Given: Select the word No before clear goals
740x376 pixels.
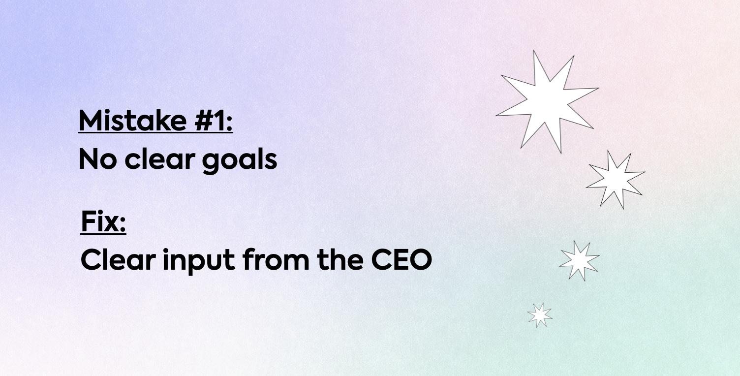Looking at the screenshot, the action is pyautogui.click(x=98, y=159).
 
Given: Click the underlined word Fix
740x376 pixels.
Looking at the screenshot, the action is pyautogui.click(x=100, y=221).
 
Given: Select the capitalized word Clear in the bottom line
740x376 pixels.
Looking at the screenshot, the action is pyautogui.click(x=118, y=260).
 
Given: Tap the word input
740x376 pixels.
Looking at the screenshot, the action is pyautogui.click(x=199, y=261).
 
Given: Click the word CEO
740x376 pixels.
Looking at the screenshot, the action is pyautogui.click(x=401, y=260).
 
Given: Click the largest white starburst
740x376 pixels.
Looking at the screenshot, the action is pyautogui.click(x=547, y=101).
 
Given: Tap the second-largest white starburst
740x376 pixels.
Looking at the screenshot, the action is pyautogui.click(x=616, y=180).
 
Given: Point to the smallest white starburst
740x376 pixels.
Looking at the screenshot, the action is pyautogui.click(x=539, y=315).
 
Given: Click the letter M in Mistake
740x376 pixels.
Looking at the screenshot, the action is pyautogui.click(x=90, y=121).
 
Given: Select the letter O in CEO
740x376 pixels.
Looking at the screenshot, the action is pyautogui.click(x=420, y=260).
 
